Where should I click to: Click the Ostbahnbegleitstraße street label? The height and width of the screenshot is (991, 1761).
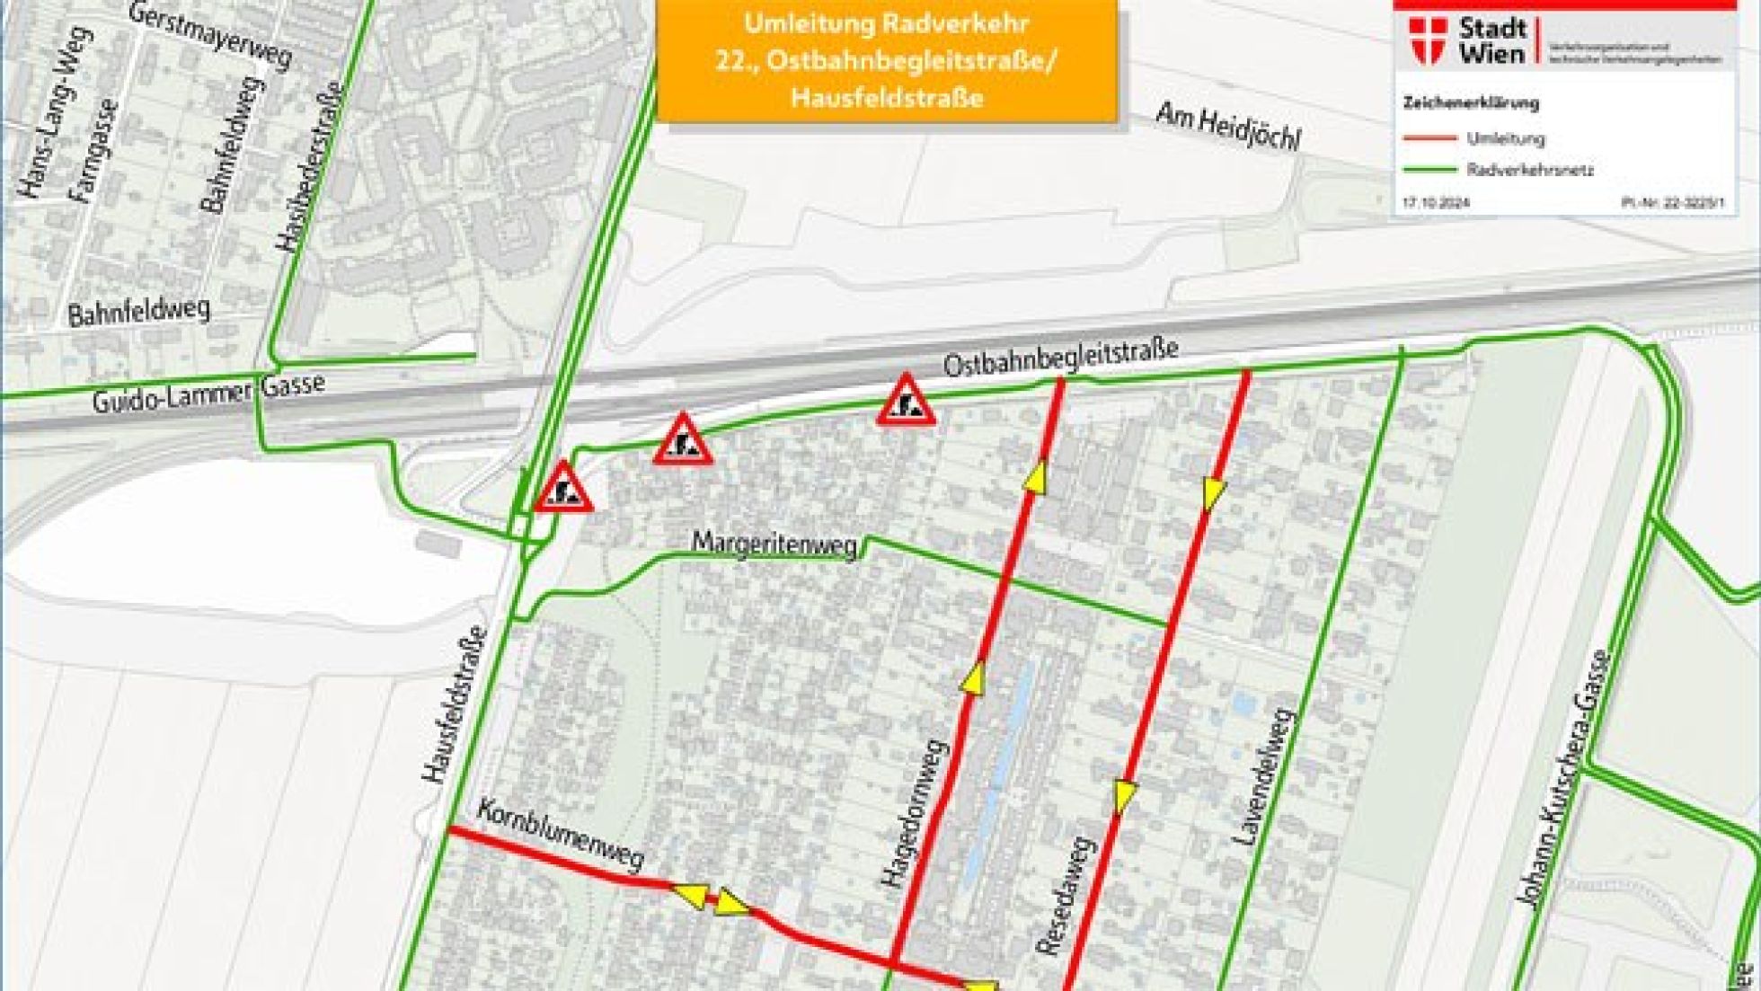coord(1060,359)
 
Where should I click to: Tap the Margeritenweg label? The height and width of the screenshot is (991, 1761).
coord(774,545)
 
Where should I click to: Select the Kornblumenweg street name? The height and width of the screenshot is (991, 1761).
coord(561,835)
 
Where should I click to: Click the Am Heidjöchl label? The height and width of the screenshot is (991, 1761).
coord(1227,127)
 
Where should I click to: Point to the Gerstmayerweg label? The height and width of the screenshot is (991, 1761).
coord(211,37)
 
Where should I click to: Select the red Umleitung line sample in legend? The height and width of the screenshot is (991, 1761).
coord(1429,138)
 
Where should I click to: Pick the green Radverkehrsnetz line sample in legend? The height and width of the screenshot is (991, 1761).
coord(1429,169)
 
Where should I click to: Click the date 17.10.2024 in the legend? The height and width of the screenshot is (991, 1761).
coord(1436,204)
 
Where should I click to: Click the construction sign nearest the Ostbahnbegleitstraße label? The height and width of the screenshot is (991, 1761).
coord(907,401)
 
